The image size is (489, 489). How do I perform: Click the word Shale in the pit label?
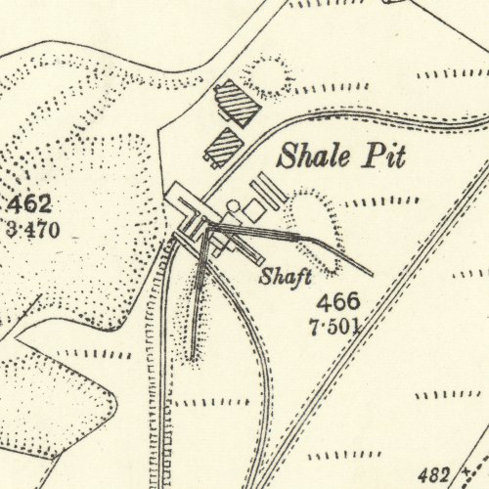pyautogui.click(x=306, y=156)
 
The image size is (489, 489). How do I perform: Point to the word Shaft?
pyautogui.click(x=285, y=277)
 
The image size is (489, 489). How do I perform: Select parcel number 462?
pyautogui.click(x=30, y=206)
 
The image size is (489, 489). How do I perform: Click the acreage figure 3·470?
pyautogui.click(x=33, y=231)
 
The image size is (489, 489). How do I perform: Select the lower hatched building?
pyautogui.click(x=221, y=148)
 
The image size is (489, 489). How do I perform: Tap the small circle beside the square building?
pyautogui.click(x=234, y=206)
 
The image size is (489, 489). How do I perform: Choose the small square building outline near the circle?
pyautogui.click(x=252, y=210)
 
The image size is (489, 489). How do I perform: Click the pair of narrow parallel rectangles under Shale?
pyautogui.click(x=270, y=190)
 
